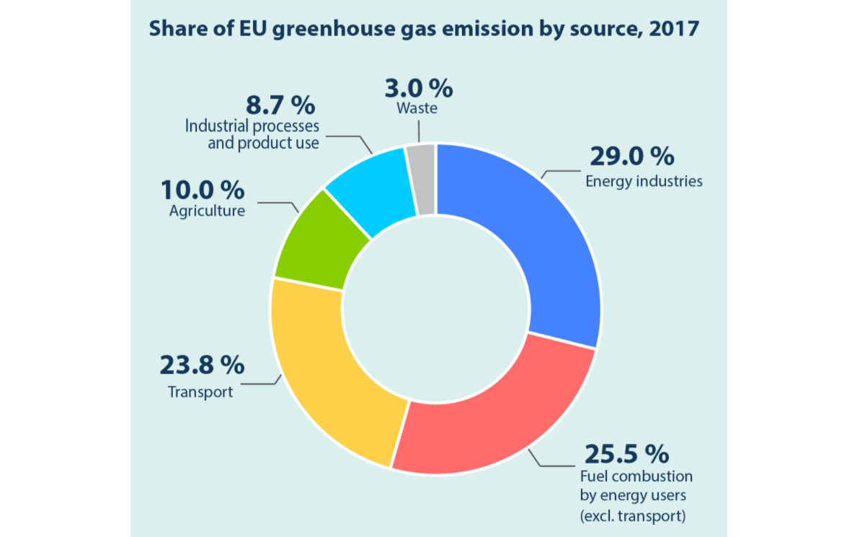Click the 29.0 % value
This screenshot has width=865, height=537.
[x=632, y=156]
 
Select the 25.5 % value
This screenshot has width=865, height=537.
[x=626, y=454]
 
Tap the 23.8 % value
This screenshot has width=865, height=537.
[x=202, y=365]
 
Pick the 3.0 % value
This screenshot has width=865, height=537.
[x=418, y=88]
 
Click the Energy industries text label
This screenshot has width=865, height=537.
[x=644, y=180]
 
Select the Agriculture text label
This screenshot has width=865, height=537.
[x=207, y=211]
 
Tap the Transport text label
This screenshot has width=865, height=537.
[x=200, y=392]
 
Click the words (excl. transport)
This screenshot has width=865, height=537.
[x=633, y=515]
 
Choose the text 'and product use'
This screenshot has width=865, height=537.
[x=263, y=143]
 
